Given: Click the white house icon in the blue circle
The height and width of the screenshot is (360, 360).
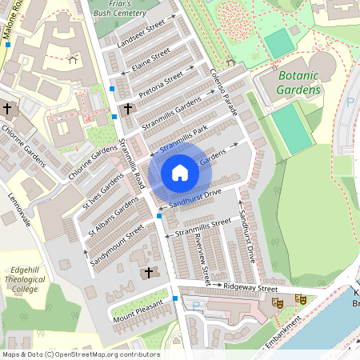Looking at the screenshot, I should tap(180, 172).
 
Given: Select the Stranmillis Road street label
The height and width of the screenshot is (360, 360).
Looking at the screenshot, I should tap(130, 165).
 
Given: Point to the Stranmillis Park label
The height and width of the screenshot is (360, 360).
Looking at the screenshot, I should tap(183, 138).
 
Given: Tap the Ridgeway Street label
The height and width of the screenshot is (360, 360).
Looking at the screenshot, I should tap(250, 287).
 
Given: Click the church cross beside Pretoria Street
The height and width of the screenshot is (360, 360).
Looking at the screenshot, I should tap(127, 108).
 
